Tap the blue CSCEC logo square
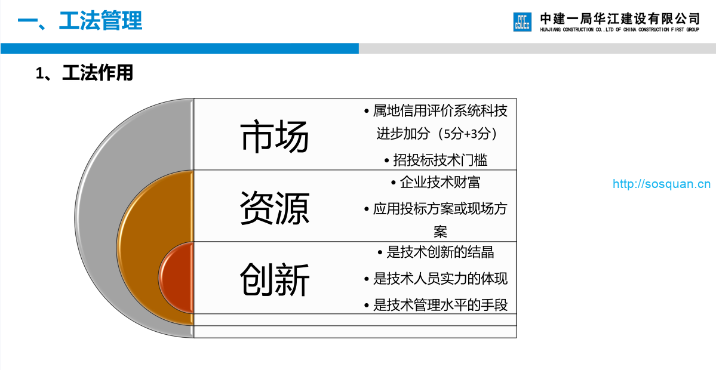(523, 22)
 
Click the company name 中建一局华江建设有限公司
(620, 18)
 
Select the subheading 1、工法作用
(84, 73)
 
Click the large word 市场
(275, 136)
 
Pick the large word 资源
(275, 208)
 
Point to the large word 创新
(275, 279)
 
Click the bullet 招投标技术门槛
(436, 160)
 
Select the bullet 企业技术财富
(436, 183)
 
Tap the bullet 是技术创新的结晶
(436, 252)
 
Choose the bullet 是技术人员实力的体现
(436, 278)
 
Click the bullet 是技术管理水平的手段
(436, 305)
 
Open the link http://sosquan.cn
(662, 184)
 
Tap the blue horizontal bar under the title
(180, 48)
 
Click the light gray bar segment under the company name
(537, 48)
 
